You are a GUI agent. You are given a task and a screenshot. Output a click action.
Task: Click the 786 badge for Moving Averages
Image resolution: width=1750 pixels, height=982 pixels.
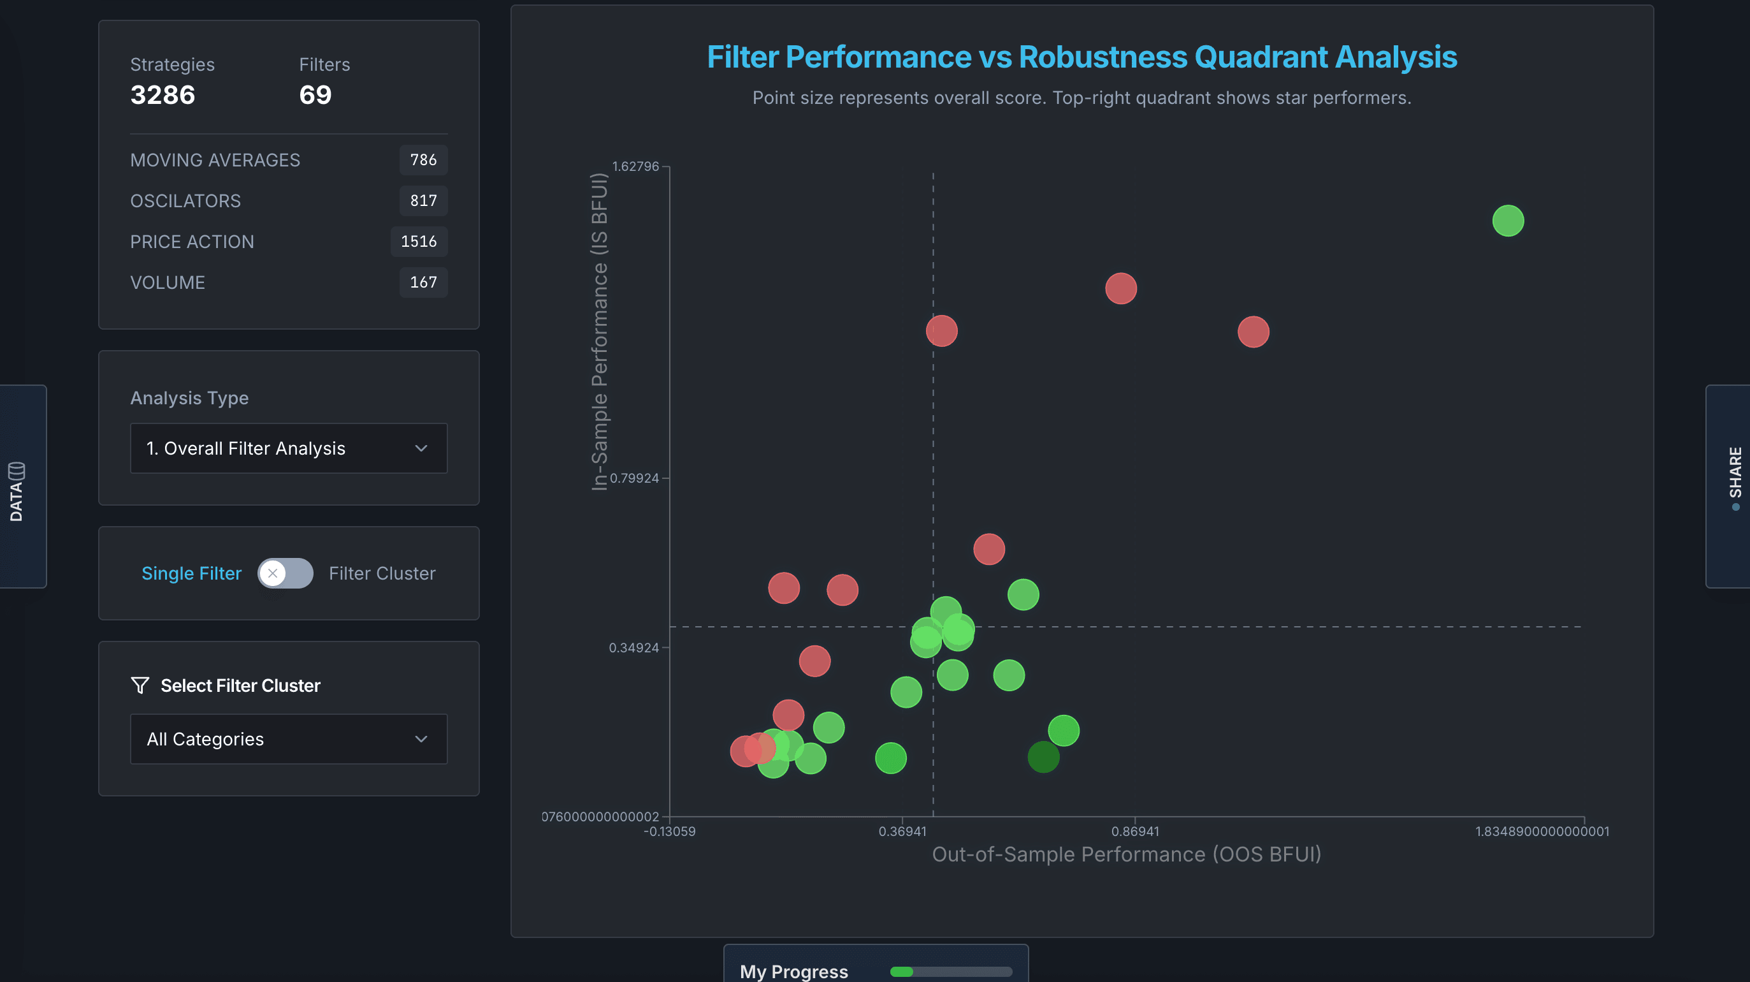coord(423,159)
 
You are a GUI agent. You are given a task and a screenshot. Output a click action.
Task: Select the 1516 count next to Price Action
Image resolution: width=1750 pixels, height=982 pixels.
coord(419,241)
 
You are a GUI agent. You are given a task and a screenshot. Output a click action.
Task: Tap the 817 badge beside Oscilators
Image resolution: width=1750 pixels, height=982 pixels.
coord(423,200)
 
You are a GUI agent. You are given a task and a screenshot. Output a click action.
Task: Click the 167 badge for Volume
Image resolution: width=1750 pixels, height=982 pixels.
coord(423,282)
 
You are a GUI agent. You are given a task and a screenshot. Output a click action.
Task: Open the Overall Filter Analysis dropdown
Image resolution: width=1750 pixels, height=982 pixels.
coord(288,448)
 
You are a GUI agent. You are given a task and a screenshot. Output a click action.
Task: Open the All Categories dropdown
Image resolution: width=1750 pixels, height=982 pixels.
coord(288,738)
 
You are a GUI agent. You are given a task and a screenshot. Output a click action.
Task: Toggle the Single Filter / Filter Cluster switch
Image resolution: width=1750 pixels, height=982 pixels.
coord(286,573)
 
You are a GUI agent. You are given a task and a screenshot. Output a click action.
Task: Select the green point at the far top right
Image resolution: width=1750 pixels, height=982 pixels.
coord(1507,221)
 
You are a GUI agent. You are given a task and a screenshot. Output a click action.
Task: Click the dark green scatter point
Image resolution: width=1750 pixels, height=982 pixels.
coord(1043,757)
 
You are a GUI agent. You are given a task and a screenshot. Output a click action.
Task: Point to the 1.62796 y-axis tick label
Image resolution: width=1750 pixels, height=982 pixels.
coord(635,166)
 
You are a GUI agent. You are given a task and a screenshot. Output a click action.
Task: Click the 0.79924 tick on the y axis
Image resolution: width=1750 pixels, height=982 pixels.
coord(634,478)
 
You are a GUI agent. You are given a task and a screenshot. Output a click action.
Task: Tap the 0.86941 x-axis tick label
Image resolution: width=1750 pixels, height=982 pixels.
coord(1134,831)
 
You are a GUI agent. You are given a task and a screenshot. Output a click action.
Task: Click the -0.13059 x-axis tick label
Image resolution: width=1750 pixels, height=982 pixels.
coord(669,831)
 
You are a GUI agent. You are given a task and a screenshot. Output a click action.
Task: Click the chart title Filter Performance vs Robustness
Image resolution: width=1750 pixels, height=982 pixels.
coord(1081,57)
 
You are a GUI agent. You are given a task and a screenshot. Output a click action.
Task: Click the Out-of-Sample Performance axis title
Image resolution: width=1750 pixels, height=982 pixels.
coord(1126,854)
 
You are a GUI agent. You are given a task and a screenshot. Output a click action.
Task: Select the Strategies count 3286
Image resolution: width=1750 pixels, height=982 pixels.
coord(163,94)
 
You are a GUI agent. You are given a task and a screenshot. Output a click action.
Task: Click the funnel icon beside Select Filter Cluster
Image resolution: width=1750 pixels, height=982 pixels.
coord(140,685)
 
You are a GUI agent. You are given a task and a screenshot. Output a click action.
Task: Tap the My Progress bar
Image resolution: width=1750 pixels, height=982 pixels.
coord(950,972)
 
